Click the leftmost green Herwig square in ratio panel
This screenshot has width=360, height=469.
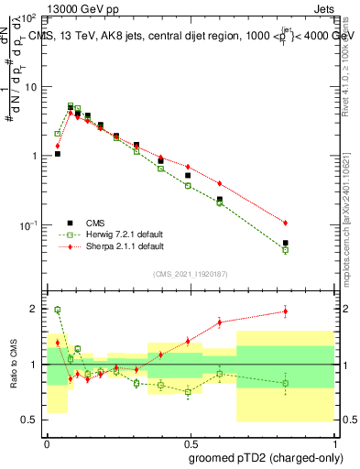58,310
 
